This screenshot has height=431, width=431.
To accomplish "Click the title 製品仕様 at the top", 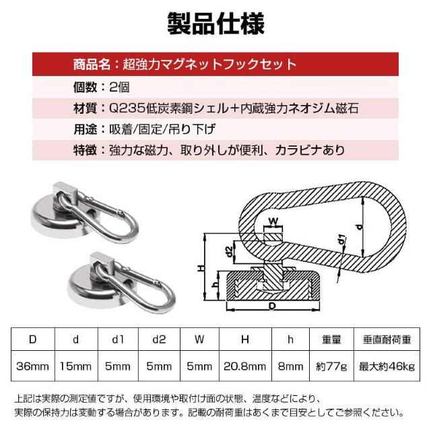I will [x=215, y=22].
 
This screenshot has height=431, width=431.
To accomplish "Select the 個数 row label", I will [x=85, y=87].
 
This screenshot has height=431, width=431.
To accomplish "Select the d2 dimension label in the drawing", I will [x=230, y=253].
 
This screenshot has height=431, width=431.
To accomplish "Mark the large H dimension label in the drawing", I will [x=201, y=267].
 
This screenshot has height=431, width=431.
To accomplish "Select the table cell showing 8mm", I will [x=290, y=366].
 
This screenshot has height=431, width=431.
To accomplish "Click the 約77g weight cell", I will [x=331, y=366].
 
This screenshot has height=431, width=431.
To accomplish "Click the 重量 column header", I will [x=331, y=339].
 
